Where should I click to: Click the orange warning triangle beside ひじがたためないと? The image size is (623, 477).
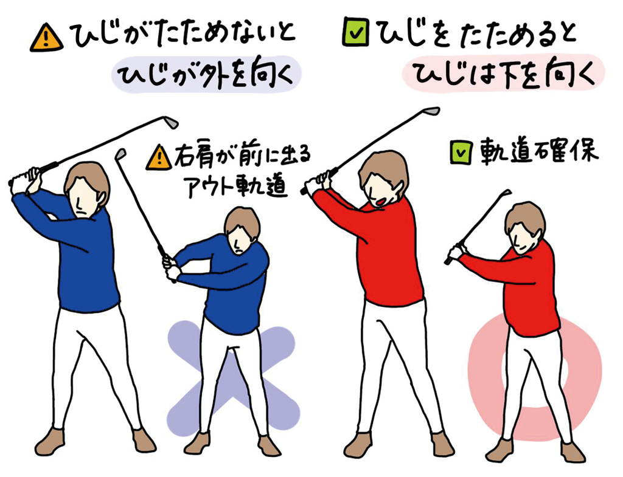pyautogui.click(x=46, y=38)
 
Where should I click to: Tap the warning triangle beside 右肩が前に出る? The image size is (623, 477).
pyautogui.click(x=159, y=157)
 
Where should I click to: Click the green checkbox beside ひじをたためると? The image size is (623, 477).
pyautogui.click(x=355, y=32)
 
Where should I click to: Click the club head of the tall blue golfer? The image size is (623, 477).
pyautogui.click(x=171, y=122)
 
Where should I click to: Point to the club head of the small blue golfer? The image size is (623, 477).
pyautogui.click(x=120, y=154)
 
